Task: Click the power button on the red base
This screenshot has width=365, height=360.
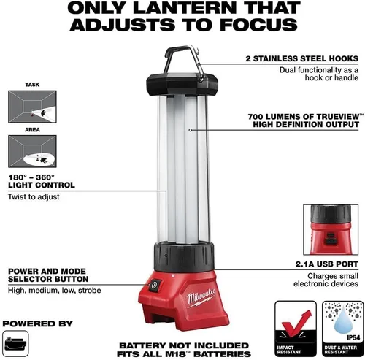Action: coord(155,285)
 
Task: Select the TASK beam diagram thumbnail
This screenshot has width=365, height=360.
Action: coord(32,107)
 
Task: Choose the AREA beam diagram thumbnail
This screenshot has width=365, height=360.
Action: coord(32,151)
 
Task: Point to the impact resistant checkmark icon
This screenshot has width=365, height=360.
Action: coord(296,323)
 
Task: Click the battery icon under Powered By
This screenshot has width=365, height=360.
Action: coord(15,343)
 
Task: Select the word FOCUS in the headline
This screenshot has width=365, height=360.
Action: coord(258,24)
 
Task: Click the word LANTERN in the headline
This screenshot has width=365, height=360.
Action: coord(185,7)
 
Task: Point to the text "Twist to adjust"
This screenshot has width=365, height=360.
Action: coord(34,196)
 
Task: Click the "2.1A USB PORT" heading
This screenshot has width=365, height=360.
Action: coord(327,264)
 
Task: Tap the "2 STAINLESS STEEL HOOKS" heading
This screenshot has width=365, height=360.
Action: coord(302,58)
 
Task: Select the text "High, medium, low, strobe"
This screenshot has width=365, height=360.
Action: coord(55,291)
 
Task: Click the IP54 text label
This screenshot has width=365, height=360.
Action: coord(353,337)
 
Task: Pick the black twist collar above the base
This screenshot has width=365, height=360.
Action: coord(184,256)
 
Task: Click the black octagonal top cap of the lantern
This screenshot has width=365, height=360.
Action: coord(182,85)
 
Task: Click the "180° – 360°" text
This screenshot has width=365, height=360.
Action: coord(31,177)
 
